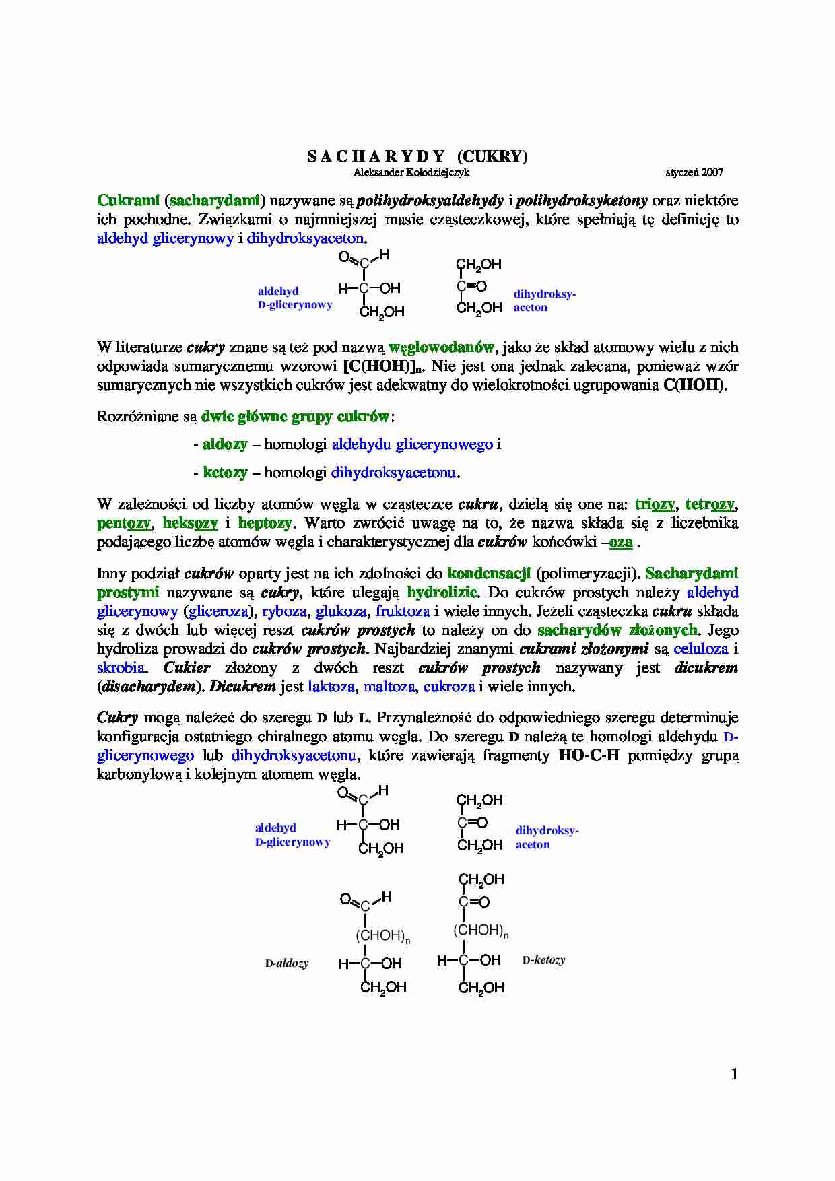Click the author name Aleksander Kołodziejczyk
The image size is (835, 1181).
[411, 172]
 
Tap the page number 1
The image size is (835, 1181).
[735, 1074]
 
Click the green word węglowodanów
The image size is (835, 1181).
[442, 348]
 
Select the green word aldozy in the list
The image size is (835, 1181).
[225, 444]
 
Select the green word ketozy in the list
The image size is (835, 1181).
[225, 473]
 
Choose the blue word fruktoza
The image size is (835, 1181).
[403, 611]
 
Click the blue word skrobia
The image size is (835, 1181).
[121, 668]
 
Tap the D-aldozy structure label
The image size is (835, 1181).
[287, 964]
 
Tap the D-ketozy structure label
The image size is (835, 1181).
[543, 959]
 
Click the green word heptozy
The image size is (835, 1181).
[265, 523]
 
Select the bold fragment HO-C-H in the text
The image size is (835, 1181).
[589, 755]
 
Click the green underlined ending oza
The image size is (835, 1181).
[621, 543]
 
